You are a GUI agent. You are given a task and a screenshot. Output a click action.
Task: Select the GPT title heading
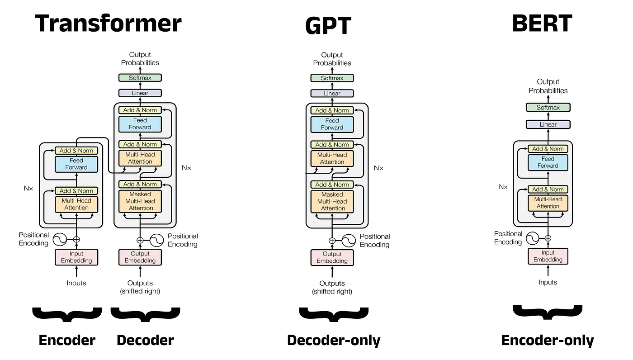tap(328, 26)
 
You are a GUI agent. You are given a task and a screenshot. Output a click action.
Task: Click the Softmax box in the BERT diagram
tap(548, 108)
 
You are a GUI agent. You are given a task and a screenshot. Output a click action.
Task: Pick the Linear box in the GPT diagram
tap(332, 93)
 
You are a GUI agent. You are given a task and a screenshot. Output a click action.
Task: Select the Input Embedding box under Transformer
tap(76, 257)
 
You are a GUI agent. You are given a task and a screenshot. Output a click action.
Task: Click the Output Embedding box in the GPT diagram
tap(332, 257)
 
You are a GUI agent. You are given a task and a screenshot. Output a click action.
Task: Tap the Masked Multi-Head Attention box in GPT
tap(332, 201)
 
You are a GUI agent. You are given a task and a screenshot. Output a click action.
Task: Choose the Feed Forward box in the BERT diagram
tap(548, 162)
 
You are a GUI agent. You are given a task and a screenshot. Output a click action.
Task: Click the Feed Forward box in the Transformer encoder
tap(76, 164)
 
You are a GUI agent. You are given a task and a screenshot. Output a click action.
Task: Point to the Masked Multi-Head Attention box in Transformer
tap(140, 201)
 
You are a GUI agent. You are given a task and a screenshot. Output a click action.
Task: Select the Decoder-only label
tap(334, 341)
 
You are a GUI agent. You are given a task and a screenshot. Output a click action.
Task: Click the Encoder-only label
tap(548, 341)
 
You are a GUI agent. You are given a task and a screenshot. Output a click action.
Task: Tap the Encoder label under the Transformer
tap(67, 341)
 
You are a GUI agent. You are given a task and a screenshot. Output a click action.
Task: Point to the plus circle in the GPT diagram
tap(332, 241)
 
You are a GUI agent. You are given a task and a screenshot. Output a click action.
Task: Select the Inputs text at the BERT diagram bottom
tap(548, 282)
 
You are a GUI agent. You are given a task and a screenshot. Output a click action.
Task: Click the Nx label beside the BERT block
tap(503, 186)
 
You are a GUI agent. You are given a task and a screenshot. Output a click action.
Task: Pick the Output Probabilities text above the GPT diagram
tap(332, 59)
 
